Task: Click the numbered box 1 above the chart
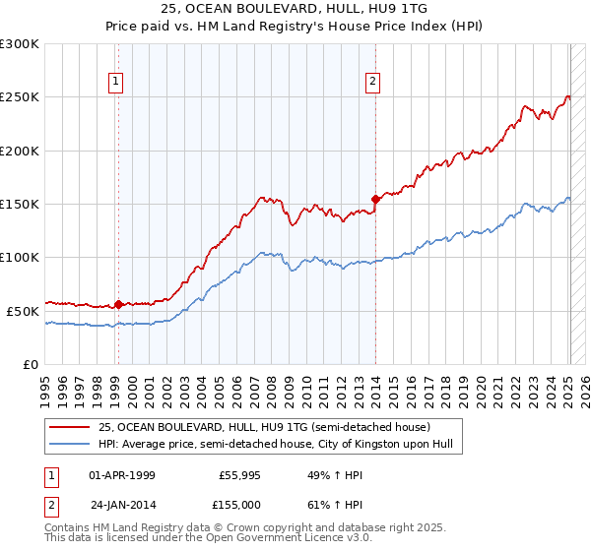click(x=117, y=82)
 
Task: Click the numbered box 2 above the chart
click(x=374, y=82)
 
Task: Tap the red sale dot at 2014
click(x=375, y=199)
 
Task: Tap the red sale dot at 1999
click(x=118, y=304)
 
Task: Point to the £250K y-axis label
click(x=19, y=97)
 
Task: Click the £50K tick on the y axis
click(x=23, y=311)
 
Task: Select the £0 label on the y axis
click(x=32, y=364)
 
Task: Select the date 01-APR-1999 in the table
click(x=122, y=475)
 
